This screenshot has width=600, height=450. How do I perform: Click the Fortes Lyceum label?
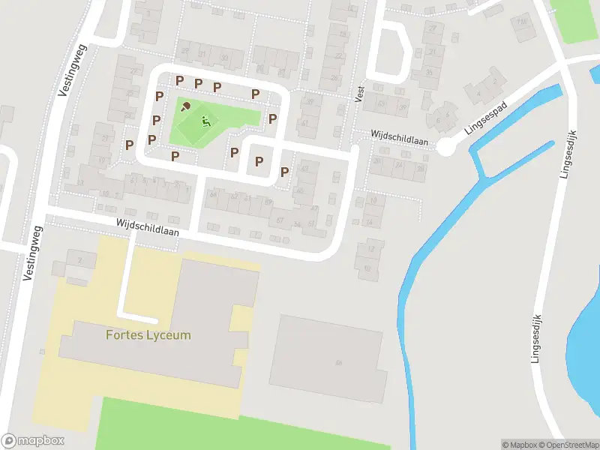pos(148,334)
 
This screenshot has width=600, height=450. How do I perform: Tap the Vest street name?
pos(360,93)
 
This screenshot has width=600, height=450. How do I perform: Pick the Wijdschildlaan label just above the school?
pos(147,227)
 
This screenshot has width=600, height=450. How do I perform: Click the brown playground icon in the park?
pos(185,106)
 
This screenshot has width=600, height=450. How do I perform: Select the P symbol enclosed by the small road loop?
pos(259,160)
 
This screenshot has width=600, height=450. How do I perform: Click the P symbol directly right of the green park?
pos(273,118)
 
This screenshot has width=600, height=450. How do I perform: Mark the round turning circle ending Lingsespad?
pos(446,147)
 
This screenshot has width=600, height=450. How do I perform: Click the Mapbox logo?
pos(33,441)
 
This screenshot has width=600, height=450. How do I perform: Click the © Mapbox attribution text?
pos(519,445)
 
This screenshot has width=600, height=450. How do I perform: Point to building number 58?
pos(339,363)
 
